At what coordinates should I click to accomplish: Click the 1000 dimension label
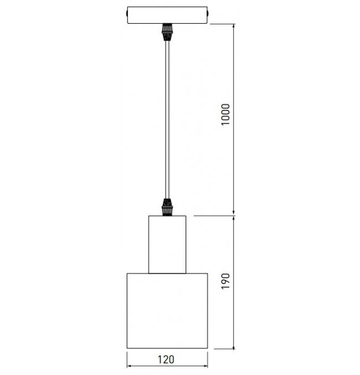click(x=225, y=114)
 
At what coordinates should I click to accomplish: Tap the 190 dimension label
click(x=225, y=281)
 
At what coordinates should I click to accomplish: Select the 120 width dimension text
click(x=166, y=359)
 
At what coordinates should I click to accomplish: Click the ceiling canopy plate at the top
click(x=167, y=15)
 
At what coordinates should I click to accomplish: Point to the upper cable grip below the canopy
click(x=167, y=32)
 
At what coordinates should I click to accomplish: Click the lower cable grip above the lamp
click(x=167, y=207)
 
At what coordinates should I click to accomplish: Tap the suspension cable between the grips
click(x=167, y=120)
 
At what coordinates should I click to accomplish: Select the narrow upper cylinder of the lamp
click(x=167, y=244)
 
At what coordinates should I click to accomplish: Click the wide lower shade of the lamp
click(x=167, y=311)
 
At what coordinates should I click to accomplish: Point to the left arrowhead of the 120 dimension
click(x=129, y=366)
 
